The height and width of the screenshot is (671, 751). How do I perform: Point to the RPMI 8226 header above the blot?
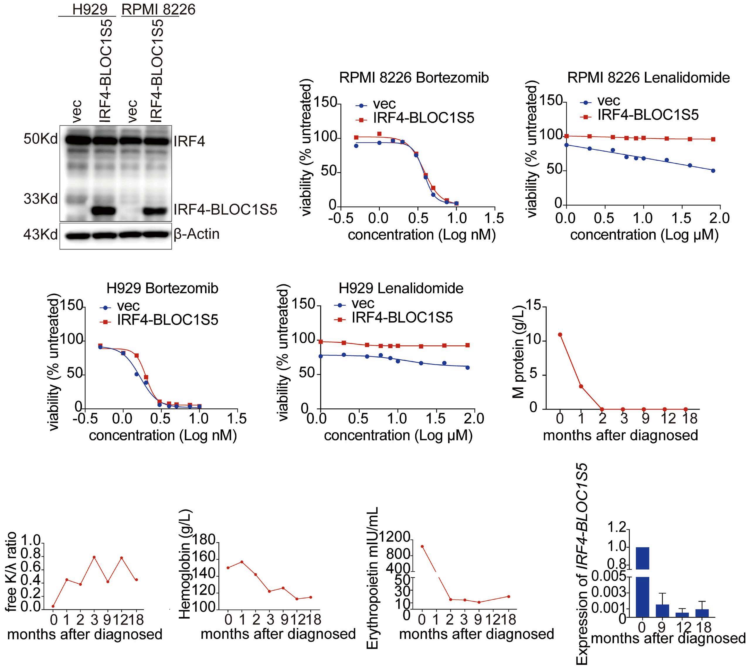[x=158, y=10]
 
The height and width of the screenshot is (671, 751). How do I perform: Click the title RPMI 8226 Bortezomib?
[x=414, y=78]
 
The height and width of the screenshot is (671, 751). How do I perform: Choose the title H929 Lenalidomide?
[x=401, y=288]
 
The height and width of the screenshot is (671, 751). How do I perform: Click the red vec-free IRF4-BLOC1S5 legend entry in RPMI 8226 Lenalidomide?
[x=648, y=115]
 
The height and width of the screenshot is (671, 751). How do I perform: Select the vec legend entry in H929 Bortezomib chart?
[x=128, y=306]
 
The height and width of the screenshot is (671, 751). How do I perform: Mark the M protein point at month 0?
[x=560, y=334]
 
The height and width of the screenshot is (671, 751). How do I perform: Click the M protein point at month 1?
[x=581, y=386]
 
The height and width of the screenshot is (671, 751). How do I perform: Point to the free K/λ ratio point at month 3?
[x=94, y=557]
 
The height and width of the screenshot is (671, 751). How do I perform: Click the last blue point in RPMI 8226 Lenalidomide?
[x=713, y=171]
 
